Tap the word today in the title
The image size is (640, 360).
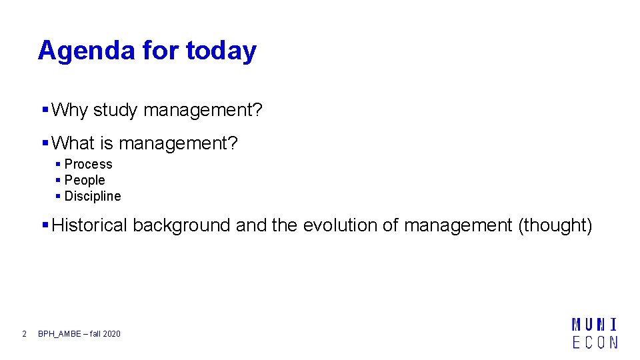coord(221,51)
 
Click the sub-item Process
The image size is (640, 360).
coord(88,164)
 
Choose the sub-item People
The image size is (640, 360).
coord(85,180)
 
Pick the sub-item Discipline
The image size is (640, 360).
coord(93,196)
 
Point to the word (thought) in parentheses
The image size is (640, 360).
coord(555,225)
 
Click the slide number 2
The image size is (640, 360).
coord(24,333)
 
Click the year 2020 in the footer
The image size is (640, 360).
coord(111,333)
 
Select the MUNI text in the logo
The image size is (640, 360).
coord(595,325)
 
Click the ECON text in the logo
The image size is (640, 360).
coord(595,341)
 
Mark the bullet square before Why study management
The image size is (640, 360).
coord(45,109)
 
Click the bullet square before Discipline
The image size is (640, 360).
coord(59,196)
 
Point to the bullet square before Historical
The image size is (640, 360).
coord(45,225)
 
